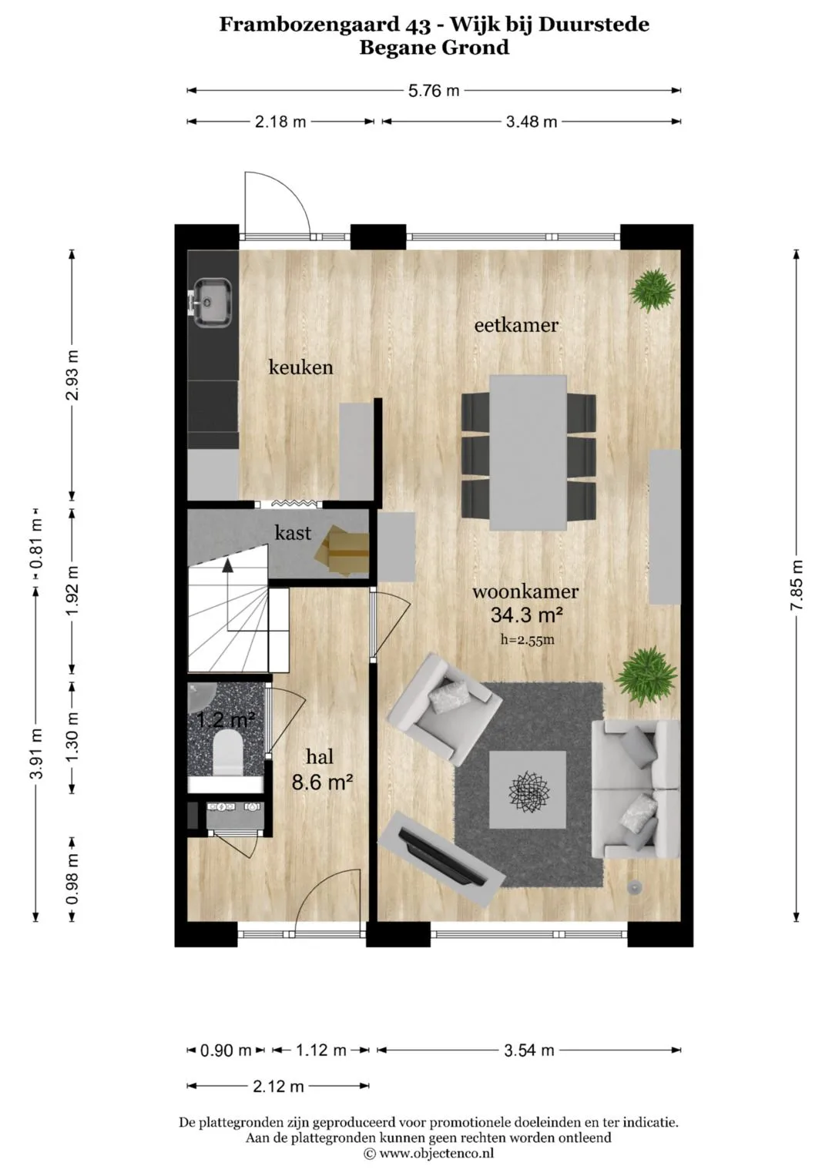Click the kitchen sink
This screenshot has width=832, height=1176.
213,303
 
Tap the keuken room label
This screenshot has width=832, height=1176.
301,367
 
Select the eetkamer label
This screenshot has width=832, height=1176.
516,325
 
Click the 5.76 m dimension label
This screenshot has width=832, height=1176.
434,90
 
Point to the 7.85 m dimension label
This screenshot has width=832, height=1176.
797,585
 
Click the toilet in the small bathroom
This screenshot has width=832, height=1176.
227,754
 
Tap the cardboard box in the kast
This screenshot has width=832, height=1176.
341,551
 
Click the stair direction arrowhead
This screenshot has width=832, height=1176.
227,565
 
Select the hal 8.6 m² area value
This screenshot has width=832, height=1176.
321,783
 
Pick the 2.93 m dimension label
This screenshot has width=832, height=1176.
72,375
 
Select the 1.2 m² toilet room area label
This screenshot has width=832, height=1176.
226,719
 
